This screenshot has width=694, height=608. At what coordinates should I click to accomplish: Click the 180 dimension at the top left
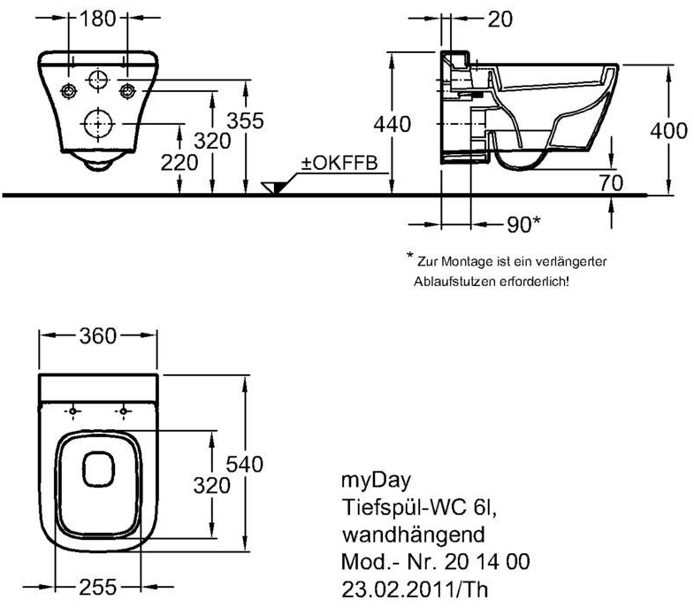[97, 19]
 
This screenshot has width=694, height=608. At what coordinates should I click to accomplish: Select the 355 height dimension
[245, 120]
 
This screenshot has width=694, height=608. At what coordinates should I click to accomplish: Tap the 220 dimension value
[179, 163]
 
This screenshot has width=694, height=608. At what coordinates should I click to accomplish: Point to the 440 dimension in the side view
[393, 124]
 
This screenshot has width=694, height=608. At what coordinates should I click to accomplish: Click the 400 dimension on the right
[668, 131]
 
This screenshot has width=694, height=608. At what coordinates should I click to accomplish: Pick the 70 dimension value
[611, 182]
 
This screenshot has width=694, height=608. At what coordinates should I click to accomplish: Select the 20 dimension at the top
[500, 19]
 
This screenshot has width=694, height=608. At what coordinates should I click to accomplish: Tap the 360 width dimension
[98, 336]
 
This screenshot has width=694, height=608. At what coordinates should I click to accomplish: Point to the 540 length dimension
[245, 465]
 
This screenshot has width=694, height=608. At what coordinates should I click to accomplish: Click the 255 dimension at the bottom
[98, 588]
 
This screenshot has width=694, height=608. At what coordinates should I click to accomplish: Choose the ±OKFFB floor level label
[339, 163]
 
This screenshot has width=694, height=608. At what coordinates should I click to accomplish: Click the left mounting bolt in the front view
[69, 91]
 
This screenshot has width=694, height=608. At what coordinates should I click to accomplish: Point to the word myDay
[377, 481]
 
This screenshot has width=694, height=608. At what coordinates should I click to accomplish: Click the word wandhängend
[414, 535]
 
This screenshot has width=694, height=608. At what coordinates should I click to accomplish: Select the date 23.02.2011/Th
[415, 589]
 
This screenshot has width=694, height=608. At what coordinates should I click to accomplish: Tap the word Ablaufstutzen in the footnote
[454, 281]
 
